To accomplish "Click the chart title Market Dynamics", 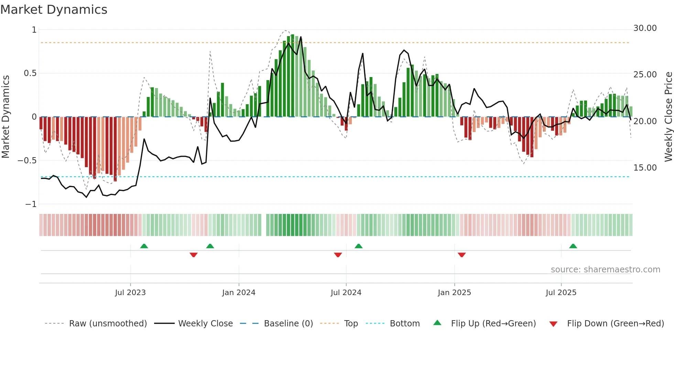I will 54,10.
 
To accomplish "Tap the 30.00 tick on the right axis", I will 645,28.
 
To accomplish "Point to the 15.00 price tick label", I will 645,168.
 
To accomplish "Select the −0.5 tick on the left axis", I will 27,161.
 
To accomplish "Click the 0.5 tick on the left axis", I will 30,73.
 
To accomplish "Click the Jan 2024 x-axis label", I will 239,293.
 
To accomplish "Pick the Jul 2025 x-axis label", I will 561,293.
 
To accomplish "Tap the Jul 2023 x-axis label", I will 130,293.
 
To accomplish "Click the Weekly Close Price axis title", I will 668,117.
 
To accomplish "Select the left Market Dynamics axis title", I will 6,117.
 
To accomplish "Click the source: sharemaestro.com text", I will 605,270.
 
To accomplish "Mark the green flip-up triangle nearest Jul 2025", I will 573,246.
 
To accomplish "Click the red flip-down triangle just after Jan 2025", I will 461,255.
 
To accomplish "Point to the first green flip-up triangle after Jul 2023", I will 144,246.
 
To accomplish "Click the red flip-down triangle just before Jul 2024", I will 338,255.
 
